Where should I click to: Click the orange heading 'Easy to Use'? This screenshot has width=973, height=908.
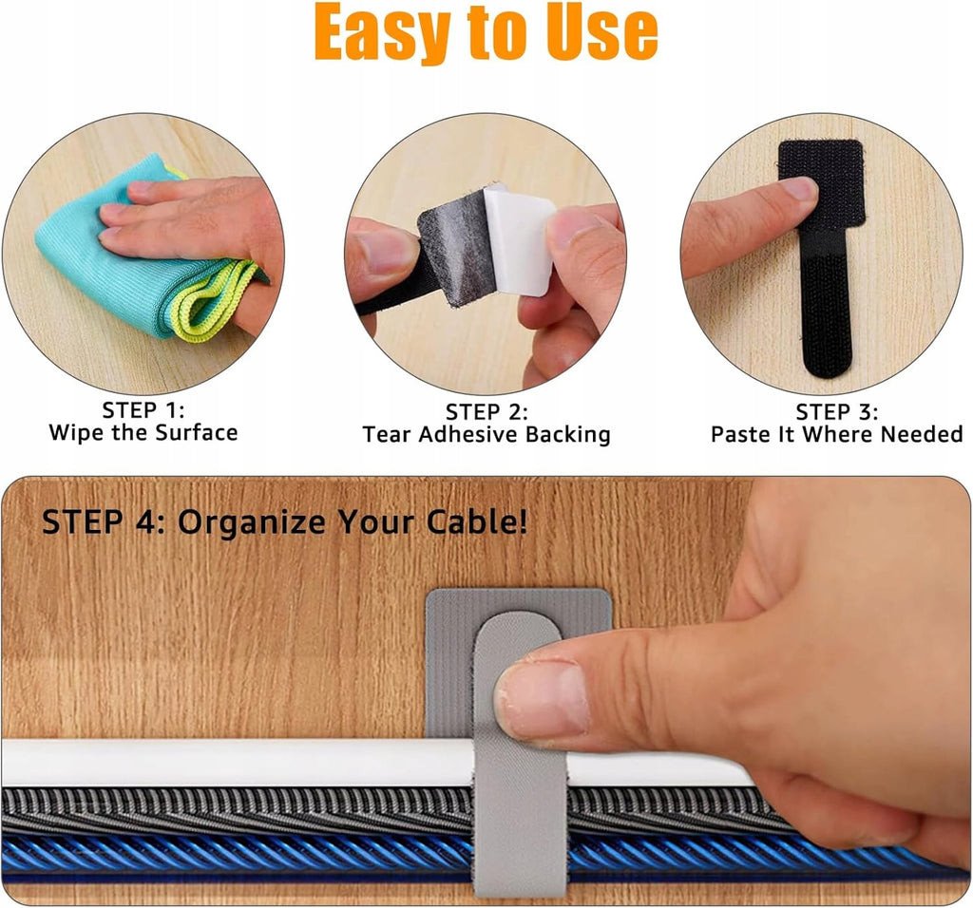pos(486,31)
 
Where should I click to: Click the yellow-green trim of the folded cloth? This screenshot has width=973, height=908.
pos(218,297)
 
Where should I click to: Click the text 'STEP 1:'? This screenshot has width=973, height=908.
pos(143,410)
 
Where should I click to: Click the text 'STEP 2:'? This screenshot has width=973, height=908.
pos(486,412)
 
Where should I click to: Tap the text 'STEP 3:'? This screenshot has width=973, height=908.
pos(837,412)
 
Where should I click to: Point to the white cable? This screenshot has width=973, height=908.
pos(236,763)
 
